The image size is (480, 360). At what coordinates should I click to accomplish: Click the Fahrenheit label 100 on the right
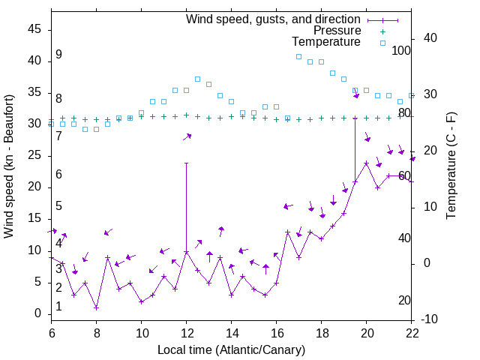click(402, 50)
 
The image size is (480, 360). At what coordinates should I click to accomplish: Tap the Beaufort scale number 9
click(58, 55)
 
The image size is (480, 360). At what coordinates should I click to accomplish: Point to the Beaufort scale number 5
click(58, 206)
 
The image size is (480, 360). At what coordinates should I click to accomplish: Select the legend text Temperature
click(326, 43)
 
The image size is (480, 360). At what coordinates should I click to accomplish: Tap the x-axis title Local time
click(231, 349)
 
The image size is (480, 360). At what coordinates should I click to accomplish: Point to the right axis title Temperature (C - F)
click(451, 166)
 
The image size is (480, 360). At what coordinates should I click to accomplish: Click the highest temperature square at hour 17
click(298, 56)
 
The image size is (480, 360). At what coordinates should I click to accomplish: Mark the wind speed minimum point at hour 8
click(97, 307)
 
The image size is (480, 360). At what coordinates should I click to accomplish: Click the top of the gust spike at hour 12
click(186, 163)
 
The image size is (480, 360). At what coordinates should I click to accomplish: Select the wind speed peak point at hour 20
click(367, 163)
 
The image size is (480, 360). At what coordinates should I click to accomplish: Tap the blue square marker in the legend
click(382, 43)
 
